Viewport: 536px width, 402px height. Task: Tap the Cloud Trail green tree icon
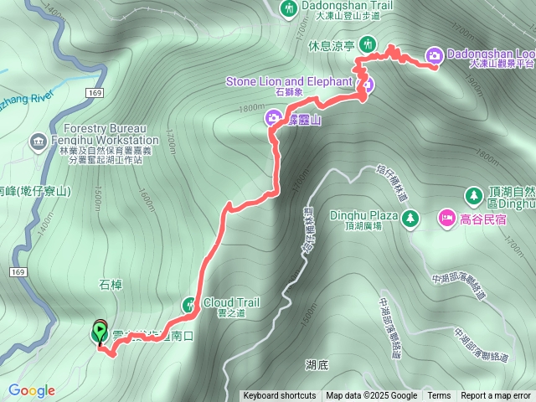(190, 303)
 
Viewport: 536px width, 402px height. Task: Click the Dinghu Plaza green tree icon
(410, 219)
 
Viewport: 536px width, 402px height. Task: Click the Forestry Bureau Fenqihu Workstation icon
(39, 142)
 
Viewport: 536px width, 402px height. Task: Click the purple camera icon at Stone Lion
(367, 85)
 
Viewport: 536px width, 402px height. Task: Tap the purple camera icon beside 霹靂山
(273, 119)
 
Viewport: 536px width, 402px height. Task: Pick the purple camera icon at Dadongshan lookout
(435, 55)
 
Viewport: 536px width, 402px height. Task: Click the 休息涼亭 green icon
(366, 44)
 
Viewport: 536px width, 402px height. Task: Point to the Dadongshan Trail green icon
(289, 9)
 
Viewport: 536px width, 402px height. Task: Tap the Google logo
(32, 390)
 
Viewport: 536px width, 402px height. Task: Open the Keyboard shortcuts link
(280, 396)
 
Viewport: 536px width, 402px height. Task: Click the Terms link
(439, 396)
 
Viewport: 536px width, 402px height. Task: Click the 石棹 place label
(111, 286)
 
